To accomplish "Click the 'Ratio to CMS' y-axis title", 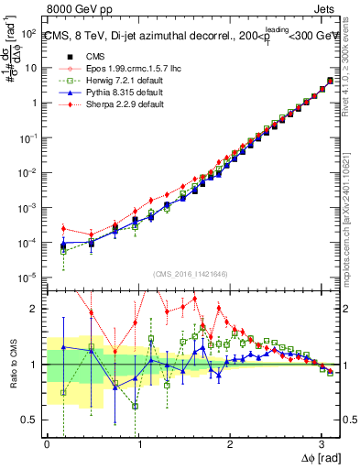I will click(x=12, y=352).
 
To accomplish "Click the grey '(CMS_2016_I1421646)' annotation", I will click(x=191, y=275).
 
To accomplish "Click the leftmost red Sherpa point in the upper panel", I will click(x=63, y=228).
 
